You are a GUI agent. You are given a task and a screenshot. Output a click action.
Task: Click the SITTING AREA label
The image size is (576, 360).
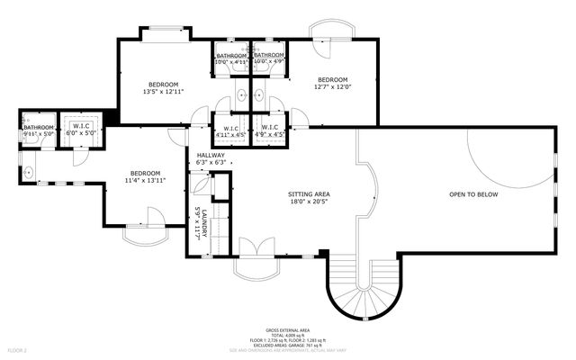(309, 194)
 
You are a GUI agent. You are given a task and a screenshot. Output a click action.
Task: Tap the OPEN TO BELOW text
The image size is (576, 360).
(473, 194)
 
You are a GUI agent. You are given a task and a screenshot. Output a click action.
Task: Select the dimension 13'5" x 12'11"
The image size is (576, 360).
(163, 92)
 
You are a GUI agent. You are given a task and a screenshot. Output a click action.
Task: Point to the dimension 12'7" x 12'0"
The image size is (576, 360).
(332, 87)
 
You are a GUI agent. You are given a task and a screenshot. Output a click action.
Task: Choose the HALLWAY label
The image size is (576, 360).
(211, 155)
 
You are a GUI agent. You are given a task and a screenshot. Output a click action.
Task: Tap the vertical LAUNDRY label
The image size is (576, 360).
(205, 223)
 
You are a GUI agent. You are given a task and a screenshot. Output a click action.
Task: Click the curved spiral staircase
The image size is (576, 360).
(360, 290)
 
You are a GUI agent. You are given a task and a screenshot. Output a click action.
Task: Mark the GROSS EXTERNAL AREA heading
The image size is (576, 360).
(287, 330)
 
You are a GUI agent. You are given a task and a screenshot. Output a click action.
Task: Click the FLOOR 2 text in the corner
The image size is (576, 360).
(17, 348)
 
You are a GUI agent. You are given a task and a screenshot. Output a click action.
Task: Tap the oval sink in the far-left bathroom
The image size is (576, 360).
(30, 170)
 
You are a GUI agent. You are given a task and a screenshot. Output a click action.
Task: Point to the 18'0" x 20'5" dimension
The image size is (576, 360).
(309, 202)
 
